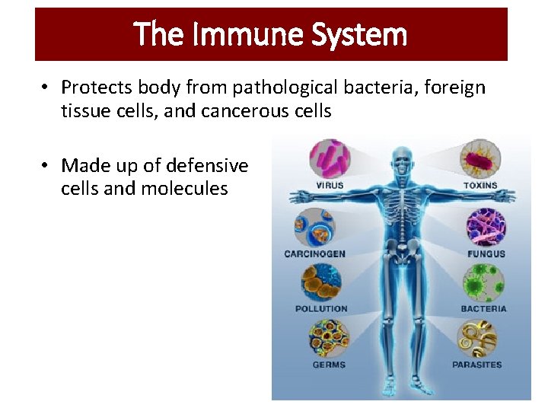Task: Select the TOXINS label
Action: tap(480, 185)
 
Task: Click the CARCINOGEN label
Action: tap(314, 253)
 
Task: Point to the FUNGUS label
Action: tap(486, 253)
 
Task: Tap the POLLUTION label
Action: tap(320, 309)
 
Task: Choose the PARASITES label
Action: tap(477, 365)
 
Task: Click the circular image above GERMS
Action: tap(329, 338)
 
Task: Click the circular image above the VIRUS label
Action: tap(329, 158)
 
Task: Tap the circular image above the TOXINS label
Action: tap(481, 158)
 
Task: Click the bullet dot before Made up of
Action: tap(46, 166)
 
